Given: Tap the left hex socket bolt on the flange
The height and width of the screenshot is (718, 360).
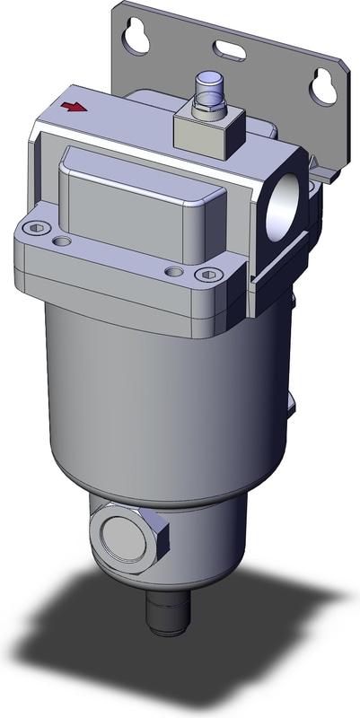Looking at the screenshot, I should [x=36, y=228].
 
